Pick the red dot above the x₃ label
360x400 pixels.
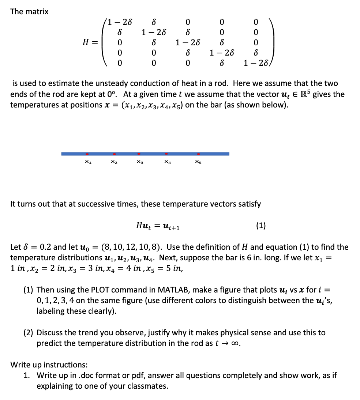139,154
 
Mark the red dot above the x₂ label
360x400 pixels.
114,154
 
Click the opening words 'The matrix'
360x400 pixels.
29,11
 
